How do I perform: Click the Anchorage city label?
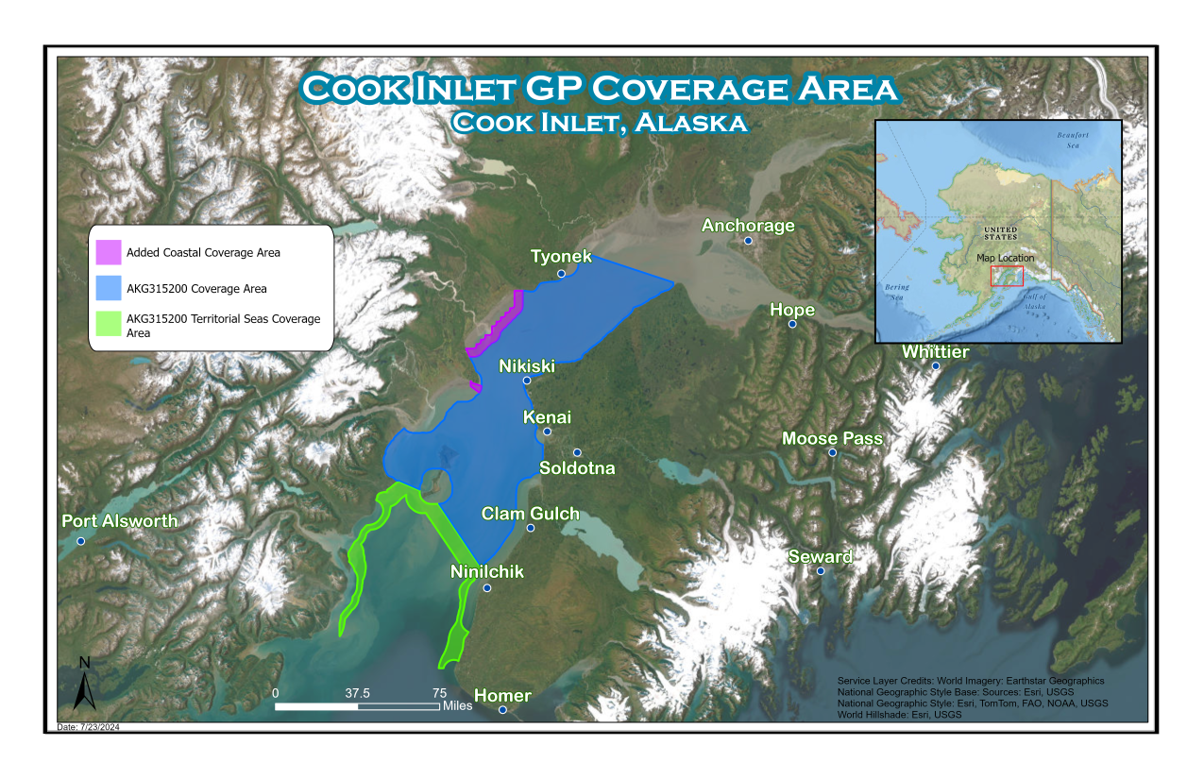click(748, 226)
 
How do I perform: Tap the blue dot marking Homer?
click(502, 709)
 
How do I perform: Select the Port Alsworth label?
click(119, 521)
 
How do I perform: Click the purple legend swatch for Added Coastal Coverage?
click(109, 252)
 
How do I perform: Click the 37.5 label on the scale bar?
click(357, 693)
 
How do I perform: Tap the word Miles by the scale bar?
click(457, 705)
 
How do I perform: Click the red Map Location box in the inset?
click(1007, 276)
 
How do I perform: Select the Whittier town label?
click(935, 352)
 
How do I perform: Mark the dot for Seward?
click(821, 571)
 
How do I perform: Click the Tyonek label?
click(561, 257)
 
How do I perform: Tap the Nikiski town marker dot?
click(527, 381)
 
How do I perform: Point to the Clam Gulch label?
click(530, 514)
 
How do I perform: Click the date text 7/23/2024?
click(82, 726)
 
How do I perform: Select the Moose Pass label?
click(832, 438)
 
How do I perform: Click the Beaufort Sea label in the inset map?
click(1072, 142)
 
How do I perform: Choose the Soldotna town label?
click(577, 468)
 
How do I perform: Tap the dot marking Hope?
click(792, 324)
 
